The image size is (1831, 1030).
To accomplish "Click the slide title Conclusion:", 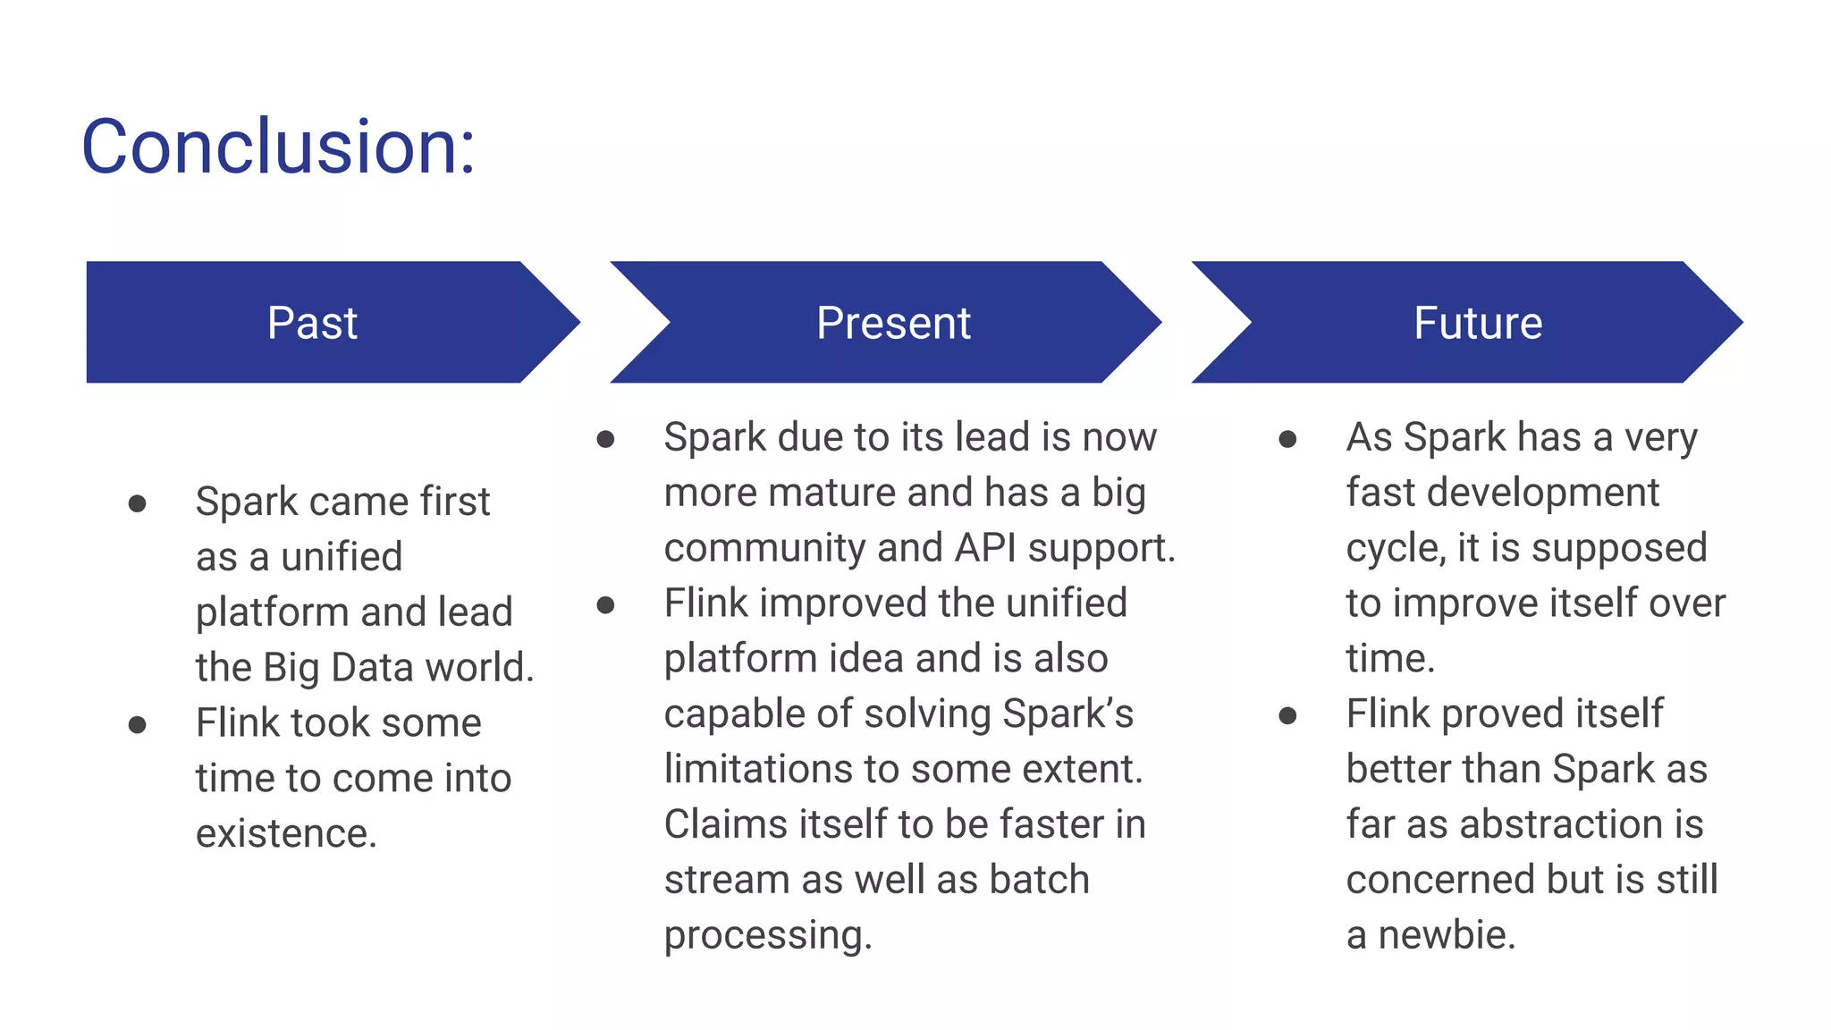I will (278, 147).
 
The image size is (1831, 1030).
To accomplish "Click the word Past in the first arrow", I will (312, 323).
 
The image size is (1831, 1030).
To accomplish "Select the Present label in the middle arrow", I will (893, 323).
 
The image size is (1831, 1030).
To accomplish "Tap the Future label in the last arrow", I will (1478, 323).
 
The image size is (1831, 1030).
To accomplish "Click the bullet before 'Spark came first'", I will (137, 503).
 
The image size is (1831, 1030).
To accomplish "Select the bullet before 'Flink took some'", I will (137, 724).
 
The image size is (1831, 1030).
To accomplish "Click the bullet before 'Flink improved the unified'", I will (605, 605).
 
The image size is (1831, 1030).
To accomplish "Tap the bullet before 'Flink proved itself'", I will (1287, 715).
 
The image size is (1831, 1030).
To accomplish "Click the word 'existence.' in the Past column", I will (286, 833).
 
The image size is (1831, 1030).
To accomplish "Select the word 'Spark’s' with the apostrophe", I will (1067, 713).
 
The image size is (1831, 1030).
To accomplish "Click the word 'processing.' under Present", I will (767, 935).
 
